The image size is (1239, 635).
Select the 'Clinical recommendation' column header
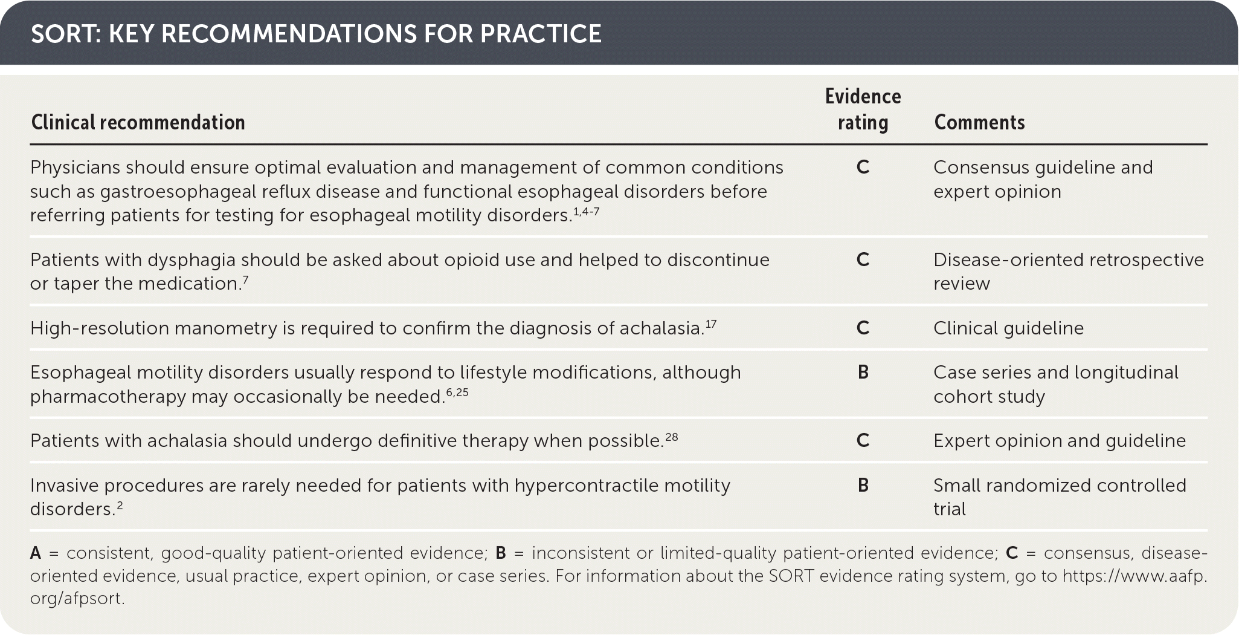pyautogui.click(x=138, y=122)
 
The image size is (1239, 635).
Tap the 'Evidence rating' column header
pyautogui.click(x=863, y=109)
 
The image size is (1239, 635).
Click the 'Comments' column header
pyautogui.click(x=979, y=122)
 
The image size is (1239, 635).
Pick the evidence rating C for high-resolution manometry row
pyautogui.click(x=863, y=328)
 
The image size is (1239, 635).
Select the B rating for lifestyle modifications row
pyautogui.click(x=863, y=373)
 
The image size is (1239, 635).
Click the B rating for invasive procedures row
pyautogui.click(x=863, y=485)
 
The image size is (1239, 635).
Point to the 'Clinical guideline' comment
pyautogui.click(x=1008, y=328)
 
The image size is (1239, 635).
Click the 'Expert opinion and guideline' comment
pyautogui.click(x=1059, y=441)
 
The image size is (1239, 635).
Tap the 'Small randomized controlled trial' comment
pyautogui.click(x=1059, y=497)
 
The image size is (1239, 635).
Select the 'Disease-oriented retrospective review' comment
pyautogui.click(x=1067, y=272)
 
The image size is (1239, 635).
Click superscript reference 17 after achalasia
pyautogui.click(x=710, y=324)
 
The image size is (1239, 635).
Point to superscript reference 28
pyautogui.click(x=671, y=437)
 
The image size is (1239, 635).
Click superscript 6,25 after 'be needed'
pyautogui.click(x=457, y=392)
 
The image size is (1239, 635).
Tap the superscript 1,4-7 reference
pyautogui.click(x=586, y=212)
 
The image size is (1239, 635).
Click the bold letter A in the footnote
pyautogui.click(x=36, y=553)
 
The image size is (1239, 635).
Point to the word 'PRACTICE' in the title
pyautogui.click(x=540, y=34)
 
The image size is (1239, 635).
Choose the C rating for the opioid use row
pyautogui.click(x=863, y=260)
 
